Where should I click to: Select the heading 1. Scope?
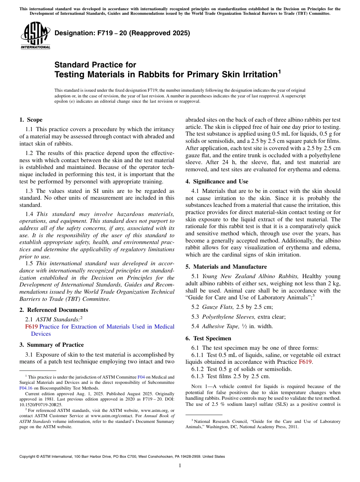(x=31, y=120)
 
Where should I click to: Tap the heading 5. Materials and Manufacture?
(x=226, y=267)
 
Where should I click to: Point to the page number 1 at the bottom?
(x=180, y=466)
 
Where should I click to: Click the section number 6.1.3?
(x=199, y=376)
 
